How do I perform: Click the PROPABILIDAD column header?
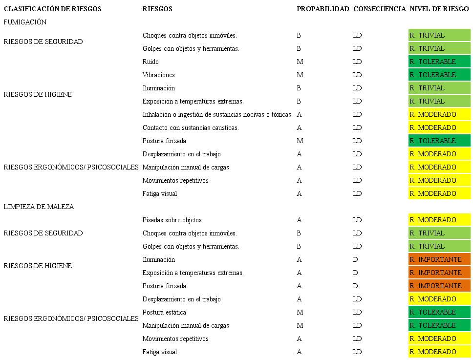coord(322,9)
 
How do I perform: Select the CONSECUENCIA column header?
coord(379,9)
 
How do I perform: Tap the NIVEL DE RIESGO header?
coord(439,9)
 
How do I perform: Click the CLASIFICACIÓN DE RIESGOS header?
coord(53,9)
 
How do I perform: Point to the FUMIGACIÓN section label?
coord(25,22)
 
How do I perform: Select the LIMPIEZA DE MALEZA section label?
coord(39,207)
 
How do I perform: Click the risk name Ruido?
coord(150,62)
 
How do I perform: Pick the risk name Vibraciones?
coord(158,75)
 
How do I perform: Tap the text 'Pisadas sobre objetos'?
coord(172,220)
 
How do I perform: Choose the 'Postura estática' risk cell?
coord(164,312)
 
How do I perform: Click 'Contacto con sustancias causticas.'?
coord(191,127)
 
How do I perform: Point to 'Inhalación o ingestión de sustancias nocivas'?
coord(217,114)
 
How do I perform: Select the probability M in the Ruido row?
coord(300,62)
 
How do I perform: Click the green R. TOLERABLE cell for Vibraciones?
coord(439,75)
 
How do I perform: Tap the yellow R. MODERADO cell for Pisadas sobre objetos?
coord(439,220)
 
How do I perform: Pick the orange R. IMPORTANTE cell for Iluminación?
coord(439,259)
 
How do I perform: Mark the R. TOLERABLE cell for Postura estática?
coord(439,312)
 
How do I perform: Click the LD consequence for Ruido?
coord(357,62)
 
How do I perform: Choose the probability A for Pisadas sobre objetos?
coord(299,220)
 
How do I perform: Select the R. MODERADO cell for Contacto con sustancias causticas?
coord(439,127)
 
